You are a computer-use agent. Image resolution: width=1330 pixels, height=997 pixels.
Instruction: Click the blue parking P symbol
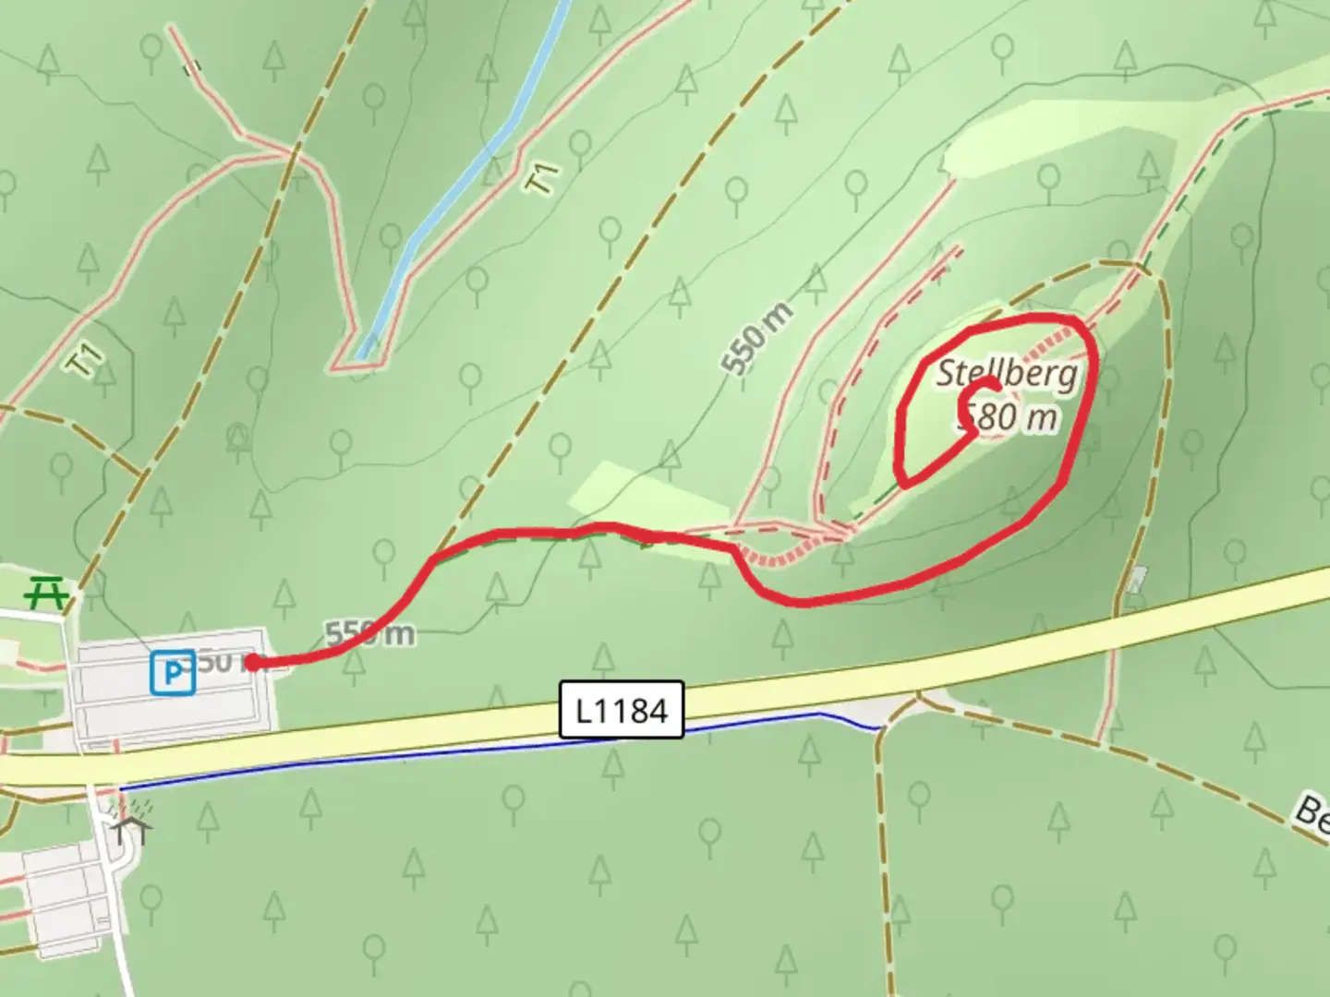click(173, 673)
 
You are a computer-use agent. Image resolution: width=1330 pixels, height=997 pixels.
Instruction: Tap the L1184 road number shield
click(622, 710)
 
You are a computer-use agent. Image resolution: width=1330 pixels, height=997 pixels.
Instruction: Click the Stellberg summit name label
click(1007, 374)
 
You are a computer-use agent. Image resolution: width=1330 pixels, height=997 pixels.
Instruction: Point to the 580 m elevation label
click(1011, 418)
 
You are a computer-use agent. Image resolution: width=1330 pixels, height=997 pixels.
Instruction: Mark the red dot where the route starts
click(252, 661)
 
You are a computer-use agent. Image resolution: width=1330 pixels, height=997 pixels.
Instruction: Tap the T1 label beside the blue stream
click(543, 177)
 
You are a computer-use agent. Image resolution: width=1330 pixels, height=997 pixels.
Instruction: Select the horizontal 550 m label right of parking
click(369, 633)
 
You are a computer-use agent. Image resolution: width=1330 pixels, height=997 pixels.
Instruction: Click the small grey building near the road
click(1137, 579)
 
